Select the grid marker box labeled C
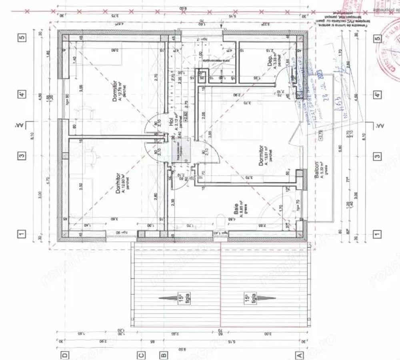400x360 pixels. point(140,354)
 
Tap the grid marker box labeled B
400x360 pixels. point(163,354)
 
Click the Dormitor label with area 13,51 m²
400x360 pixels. point(262,155)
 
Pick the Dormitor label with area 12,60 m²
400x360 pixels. point(118,183)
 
